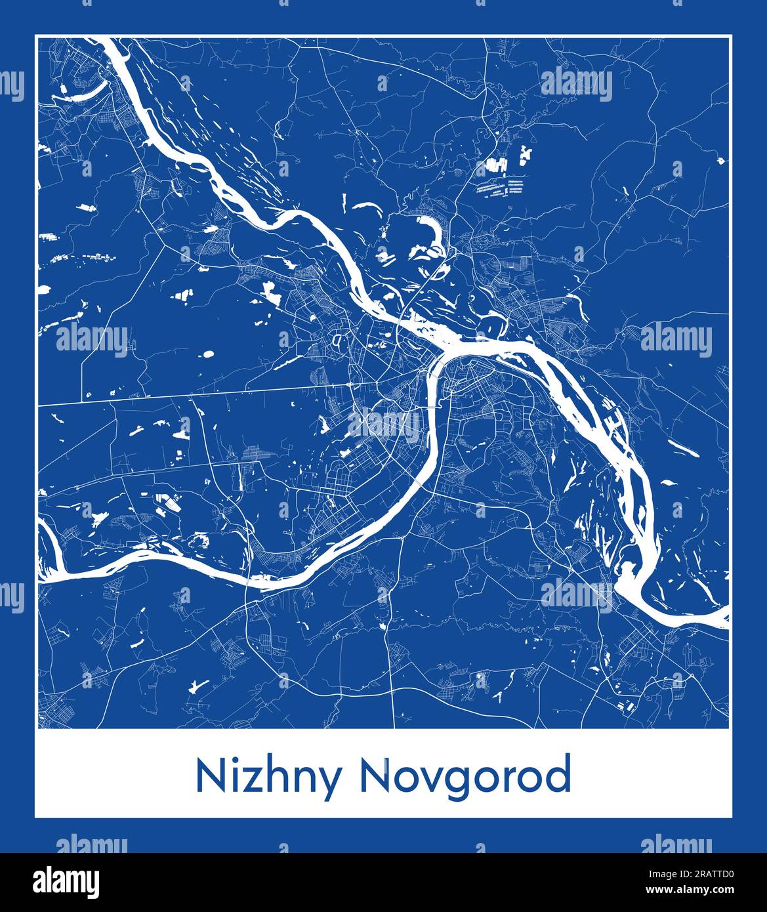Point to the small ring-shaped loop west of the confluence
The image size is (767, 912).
(338, 341)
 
